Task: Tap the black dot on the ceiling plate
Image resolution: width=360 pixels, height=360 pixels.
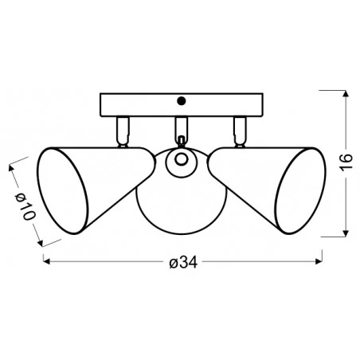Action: click(x=181, y=101)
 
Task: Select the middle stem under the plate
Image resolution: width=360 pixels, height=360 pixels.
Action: click(x=180, y=127)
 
